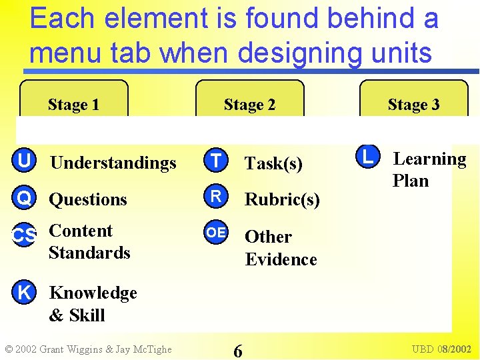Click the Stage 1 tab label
coord(73,105)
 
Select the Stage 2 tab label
coord(249,105)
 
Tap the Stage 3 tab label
coord(413,105)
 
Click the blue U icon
coord(24,161)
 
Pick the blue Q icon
coord(24,198)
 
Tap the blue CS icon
coord(24,235)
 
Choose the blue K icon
coord(24,292)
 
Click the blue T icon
coord(215,161)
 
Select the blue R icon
coord(215,197)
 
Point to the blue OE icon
coord(215,233)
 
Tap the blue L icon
coord(365,157)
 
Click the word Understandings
coord(113,163)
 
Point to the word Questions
coord(88,199)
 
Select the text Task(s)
coord(273,163)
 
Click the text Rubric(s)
coord(282,199)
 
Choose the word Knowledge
coord(93,293)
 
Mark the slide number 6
coord(238,350)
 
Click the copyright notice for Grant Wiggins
coord(88,349)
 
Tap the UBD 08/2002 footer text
coord(441,349)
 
